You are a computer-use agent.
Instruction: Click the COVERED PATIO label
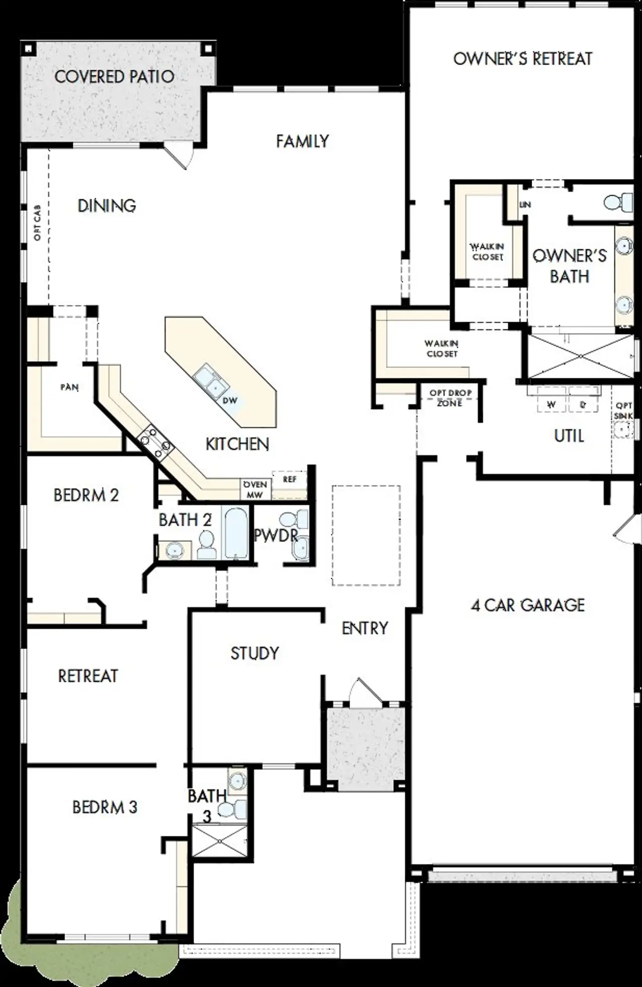(114, 77)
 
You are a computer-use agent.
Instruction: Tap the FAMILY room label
(302, 141)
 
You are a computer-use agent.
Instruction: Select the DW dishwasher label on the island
(230, 400)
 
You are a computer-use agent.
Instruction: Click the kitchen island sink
(210, 380)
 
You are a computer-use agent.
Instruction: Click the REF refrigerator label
(289, 479)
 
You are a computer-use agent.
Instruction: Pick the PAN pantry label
(69, 387)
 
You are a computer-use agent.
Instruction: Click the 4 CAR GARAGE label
(528, 605)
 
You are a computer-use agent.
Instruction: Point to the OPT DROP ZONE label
(450, 397)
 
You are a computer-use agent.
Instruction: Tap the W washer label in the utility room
(551, 404)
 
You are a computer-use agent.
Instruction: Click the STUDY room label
(254, 653)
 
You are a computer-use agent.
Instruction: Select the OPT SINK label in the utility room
(623, 410)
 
